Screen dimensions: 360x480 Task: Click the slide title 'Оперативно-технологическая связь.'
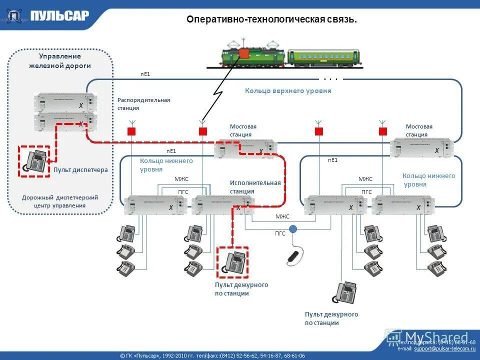point(271,19)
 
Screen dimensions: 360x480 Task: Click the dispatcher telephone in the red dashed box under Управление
point(34,161)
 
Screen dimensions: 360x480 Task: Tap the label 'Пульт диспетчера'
point(80,170)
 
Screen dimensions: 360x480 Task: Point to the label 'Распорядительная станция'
point(143,104)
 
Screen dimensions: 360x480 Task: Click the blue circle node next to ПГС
point(293,229)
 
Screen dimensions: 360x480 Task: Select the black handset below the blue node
point(293,256)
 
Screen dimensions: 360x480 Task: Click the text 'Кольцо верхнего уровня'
point(288,91)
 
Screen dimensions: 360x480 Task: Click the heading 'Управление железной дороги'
point(60,61)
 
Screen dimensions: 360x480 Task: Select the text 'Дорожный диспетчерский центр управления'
point(60,201)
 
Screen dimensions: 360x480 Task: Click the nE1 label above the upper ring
point(145,74)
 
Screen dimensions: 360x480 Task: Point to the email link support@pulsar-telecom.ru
point(444,348)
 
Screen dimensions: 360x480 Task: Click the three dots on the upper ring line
point(330,79)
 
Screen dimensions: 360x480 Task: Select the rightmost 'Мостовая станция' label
point(419,130)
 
